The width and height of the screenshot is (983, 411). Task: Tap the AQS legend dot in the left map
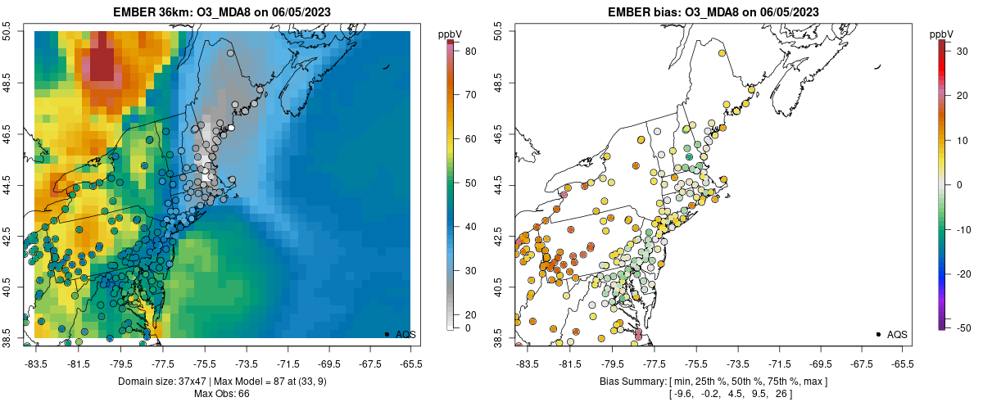[x=386, y=334]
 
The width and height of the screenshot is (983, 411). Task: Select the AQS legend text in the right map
[x=897, y=334]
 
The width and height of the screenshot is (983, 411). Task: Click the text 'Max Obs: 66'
[x=221, y=394]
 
